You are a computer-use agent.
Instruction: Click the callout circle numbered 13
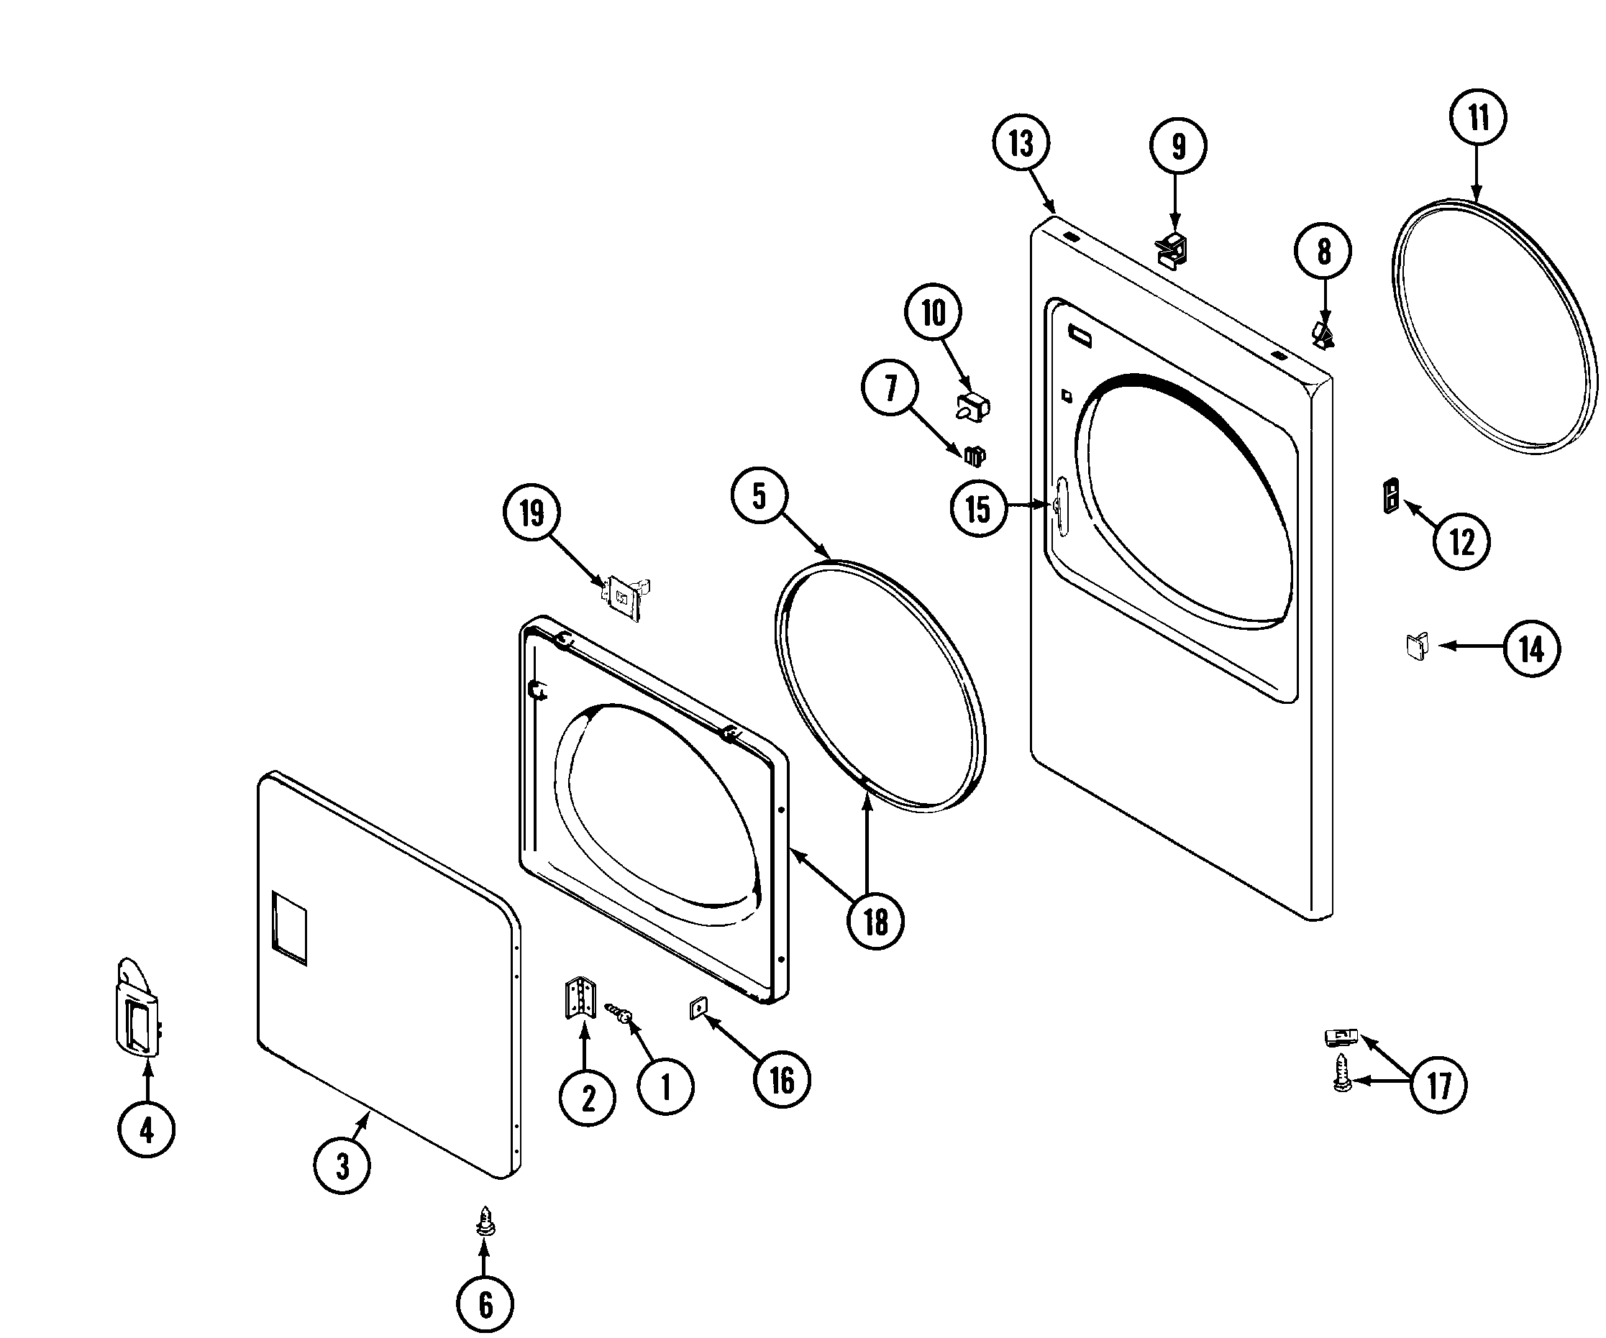point(1021,143)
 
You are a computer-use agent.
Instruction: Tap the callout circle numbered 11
point(1477,117)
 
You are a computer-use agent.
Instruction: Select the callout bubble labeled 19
point(531,512)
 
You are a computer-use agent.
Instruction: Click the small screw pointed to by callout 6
point(484,1221)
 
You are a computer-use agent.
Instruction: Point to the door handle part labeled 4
point(137,1009)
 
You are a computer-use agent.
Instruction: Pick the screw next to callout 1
point(619,1014)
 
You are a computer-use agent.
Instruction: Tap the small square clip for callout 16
point(698,1009)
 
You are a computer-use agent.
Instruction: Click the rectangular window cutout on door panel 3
point(289,927)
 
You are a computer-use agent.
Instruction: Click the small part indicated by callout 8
point(1323,335)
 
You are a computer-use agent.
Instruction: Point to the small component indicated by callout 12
point(1392,495)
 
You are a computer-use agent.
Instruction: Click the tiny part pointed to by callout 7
point(975,456)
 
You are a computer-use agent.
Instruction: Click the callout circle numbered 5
point(759,496)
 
